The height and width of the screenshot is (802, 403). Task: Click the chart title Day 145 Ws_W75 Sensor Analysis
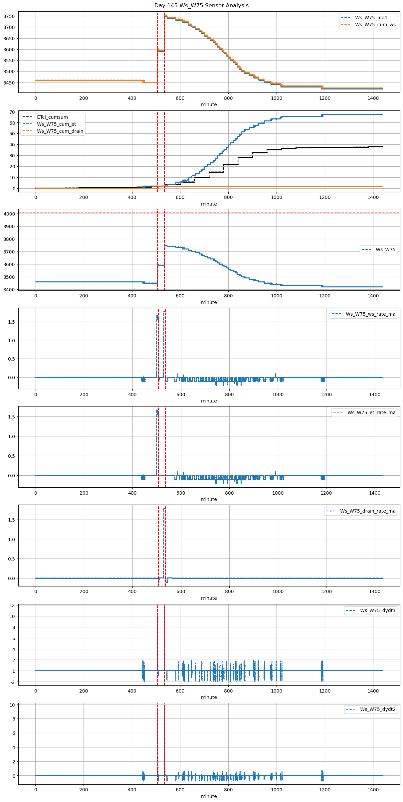pos(201,6)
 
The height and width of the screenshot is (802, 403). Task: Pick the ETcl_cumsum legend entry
pos(52,117)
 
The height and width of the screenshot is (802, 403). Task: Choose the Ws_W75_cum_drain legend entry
pos(60,131)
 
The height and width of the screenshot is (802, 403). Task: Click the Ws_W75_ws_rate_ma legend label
pos(370,314)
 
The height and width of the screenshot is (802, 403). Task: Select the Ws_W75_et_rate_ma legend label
pos(371,412)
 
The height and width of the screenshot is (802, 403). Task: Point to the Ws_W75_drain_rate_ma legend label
pos(368,511)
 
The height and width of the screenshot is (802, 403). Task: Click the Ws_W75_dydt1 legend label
pos(378,610)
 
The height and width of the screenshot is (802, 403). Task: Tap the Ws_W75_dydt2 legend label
pos(378,709)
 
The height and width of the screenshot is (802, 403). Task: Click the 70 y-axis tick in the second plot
pos(12,112)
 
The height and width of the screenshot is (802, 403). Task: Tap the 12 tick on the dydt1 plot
pos(12,605)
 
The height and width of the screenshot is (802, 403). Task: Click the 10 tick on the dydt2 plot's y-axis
pos(12,705)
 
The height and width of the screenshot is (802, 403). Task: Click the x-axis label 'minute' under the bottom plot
pos(209,796)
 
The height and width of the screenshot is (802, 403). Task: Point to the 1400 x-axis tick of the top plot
pos(373,98)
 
